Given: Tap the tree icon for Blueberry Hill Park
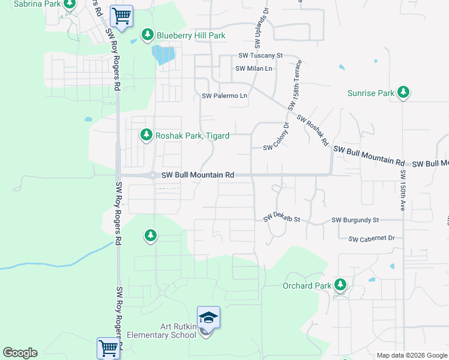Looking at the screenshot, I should [x=148, y=35].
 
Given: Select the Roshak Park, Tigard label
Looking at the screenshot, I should [x=192, y=136].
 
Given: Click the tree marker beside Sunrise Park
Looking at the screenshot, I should [x=404, y=93].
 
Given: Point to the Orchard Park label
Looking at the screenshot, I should [x=306, y=286].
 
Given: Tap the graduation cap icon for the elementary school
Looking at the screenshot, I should [x=208, y=317].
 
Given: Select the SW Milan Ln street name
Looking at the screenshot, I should [x=253, y=68].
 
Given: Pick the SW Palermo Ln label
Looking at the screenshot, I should [x=224, y=96].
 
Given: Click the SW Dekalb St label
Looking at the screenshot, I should [x=281, y=220].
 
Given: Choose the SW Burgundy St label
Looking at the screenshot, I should [x=355, y=221].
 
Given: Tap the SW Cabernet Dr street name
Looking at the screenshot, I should [x=372, y=238].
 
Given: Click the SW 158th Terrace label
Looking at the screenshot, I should [x=295, y=85].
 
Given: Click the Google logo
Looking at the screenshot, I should [x=20, y=353].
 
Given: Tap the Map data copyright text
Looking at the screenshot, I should [x=412, y=355].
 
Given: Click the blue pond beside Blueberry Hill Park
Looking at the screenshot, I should [x=163, y=55].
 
